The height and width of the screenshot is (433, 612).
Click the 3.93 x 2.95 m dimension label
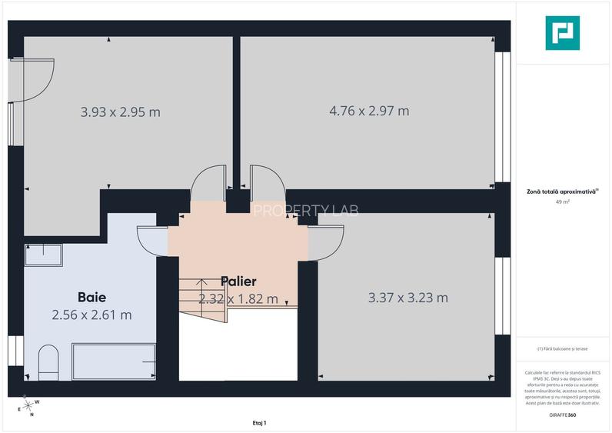point(121,112)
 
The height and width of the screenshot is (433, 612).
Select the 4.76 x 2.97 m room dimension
point(369,111)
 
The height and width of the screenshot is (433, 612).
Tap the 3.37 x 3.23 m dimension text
point(408,298)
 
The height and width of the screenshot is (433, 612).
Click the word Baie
point(91,296)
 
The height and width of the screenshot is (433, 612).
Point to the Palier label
point(238,281)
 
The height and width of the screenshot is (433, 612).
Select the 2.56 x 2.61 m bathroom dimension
point(91,315)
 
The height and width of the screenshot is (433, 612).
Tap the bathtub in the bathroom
point(114,362)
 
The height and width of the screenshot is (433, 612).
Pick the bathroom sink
point(43,255)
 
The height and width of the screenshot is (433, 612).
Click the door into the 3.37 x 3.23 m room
point(321,241)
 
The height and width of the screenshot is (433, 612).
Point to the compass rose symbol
point(28,405)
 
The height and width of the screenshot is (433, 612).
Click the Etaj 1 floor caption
point(259,423)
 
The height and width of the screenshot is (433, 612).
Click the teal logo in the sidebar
point(563,33)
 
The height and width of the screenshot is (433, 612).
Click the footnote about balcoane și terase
point(564,348)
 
